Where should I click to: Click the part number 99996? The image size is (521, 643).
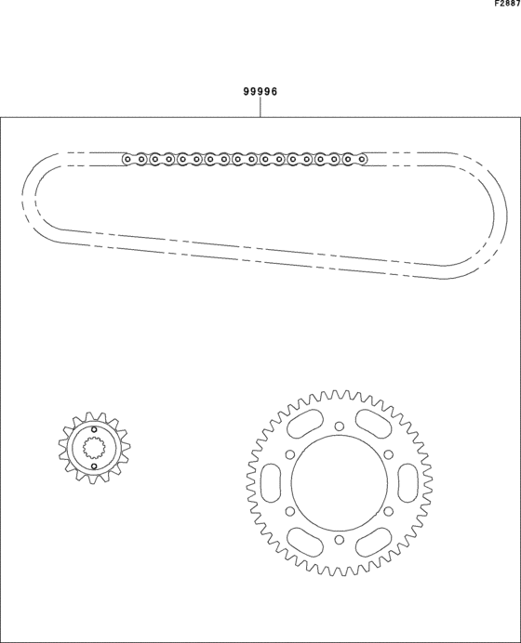tap(260, 91)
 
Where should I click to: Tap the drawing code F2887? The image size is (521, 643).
tap(507, 4)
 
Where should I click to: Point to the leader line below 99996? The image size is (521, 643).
tap(260, 108)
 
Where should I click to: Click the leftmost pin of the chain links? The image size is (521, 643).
tap(127, 159)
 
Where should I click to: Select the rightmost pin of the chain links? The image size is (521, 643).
tap(362, 159)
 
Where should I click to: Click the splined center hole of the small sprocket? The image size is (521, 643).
tap(94, 448)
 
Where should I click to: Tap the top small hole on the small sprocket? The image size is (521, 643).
tap(94, 429)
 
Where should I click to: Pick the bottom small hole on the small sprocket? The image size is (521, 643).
tap(94, 466)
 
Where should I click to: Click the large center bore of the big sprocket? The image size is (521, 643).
tap(340, 483)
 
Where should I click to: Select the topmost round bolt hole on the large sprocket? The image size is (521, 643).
tap(340, 426)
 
